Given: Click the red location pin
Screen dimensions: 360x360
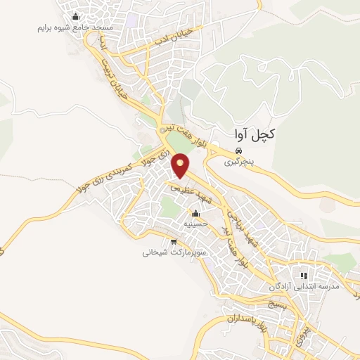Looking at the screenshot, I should coord(181,166).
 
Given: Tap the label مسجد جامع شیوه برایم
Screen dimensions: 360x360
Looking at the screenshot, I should coord(73,29).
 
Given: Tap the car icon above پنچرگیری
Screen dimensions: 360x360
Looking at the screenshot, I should coord(239,150).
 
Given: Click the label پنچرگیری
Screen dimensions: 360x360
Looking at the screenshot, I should coord(239,161).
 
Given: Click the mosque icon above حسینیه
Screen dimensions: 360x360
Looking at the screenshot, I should coord(195,214).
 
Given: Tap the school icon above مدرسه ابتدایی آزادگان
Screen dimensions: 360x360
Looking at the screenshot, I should coord(304,276).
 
